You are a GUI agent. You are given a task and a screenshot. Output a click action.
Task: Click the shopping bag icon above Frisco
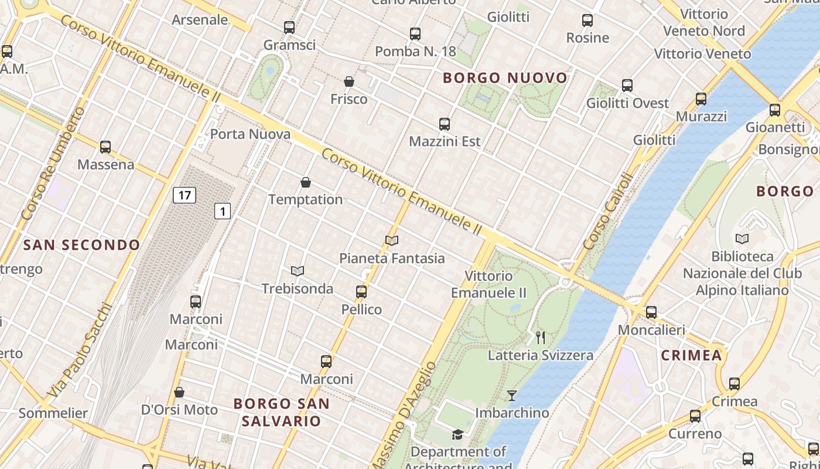[349, 81]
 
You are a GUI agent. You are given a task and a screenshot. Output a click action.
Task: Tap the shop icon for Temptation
[305, 182]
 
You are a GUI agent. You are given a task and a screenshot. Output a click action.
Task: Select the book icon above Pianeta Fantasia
[392, 240]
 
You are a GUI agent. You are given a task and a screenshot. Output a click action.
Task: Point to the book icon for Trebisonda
[298, 271]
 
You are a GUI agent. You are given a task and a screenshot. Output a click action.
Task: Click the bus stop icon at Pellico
[361, 291]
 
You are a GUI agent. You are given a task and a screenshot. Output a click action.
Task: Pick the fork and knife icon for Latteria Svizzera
[541, 338]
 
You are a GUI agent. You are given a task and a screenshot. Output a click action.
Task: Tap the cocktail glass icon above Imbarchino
[512, 396]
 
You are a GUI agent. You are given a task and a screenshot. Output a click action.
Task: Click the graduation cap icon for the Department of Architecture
[457, 434]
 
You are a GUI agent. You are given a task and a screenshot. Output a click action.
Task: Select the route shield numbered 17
[184, 195]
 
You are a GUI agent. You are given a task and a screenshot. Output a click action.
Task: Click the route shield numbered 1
[222, 211]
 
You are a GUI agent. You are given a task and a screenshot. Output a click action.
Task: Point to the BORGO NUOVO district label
[505, 78]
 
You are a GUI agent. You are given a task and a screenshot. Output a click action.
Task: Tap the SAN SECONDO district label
[82, 245]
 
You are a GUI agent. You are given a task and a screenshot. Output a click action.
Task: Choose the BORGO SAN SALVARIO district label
[282, 412]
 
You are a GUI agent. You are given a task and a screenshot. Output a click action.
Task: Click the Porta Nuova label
[250, 134]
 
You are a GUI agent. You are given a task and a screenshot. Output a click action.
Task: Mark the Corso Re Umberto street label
[52, 164]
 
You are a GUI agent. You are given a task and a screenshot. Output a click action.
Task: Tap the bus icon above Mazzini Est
[445, 124]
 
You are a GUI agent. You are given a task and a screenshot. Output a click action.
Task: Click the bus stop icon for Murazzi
[701, 99]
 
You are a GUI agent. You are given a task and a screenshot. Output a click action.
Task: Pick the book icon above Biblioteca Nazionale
[742, 239]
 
